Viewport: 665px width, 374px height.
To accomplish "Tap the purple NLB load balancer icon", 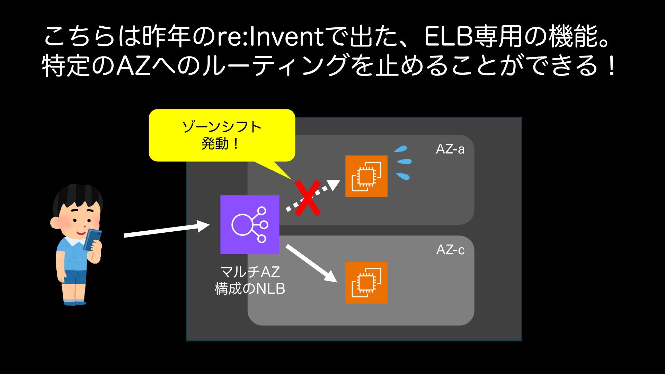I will point(250,224).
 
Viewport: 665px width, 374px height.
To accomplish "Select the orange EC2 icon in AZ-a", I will point(366,176).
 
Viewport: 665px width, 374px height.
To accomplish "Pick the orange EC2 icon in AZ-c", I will point(366,283).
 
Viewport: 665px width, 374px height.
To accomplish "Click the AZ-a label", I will point(450,149).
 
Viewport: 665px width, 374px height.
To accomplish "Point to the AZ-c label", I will point(450,250).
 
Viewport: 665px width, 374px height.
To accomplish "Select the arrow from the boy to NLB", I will point(166,230).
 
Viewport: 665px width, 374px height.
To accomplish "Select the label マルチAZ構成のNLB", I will point(250,280).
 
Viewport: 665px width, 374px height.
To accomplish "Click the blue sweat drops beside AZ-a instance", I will point(403,162).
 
